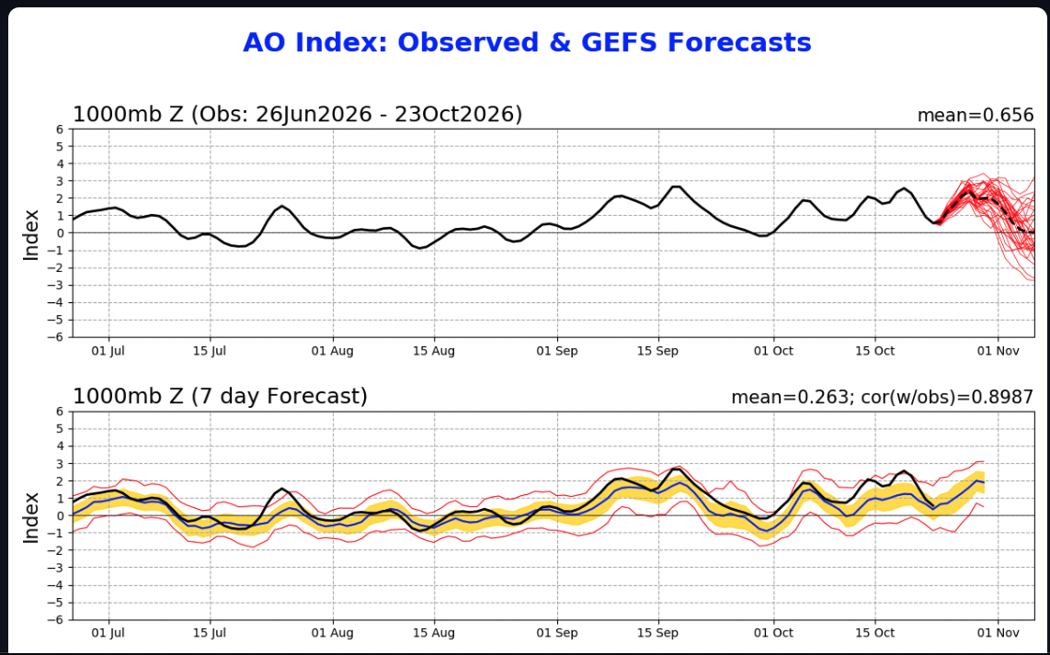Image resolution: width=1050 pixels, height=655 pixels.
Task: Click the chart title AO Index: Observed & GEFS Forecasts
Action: (527, 43)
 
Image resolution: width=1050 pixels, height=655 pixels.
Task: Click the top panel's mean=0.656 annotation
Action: (975, 116)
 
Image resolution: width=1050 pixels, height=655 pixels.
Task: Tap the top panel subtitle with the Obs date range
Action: (297, 115)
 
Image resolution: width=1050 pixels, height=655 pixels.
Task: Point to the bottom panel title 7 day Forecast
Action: (220, 397)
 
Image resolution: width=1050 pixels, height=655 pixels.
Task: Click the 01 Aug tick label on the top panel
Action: (332, 351)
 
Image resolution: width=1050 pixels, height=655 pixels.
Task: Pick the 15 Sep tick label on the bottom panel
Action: (657, 633)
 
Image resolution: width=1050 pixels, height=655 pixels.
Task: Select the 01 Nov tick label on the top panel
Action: (998, 351)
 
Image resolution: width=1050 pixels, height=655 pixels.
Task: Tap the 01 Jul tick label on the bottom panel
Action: (108, 633)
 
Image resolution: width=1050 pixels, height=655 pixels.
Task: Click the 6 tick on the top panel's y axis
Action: (61, 130)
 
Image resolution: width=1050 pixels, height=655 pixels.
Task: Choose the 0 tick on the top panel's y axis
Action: (61, 232)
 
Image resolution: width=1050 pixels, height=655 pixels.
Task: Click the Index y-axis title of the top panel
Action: (31, 235)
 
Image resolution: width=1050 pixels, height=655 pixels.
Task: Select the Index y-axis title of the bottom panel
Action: (31, 517)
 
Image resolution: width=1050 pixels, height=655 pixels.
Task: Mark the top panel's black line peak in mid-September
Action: (677, 186)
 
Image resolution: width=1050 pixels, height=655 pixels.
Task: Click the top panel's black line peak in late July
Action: (282, 206)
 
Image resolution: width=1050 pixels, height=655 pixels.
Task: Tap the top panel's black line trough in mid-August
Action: (420, 248)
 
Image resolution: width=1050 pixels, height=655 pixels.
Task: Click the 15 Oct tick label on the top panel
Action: (874, 351)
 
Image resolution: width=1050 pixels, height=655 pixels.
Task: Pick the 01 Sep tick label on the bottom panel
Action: (557, 633)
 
